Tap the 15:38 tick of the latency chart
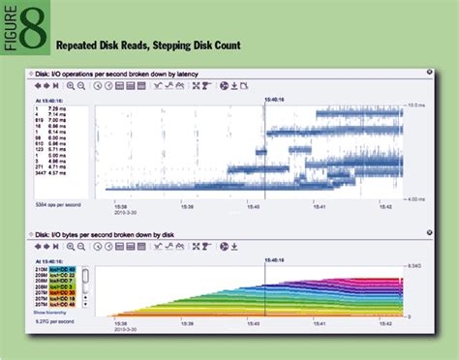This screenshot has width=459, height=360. tap(122, 206)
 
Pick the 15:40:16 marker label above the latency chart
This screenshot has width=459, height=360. tap(264, 97)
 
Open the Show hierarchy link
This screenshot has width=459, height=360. tap(50, 313)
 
